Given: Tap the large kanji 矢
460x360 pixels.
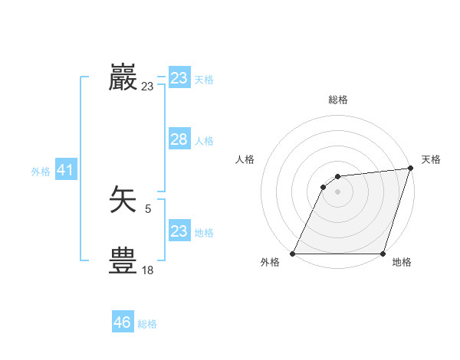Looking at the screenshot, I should (123, 200).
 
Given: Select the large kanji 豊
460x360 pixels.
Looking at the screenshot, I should (123, 261).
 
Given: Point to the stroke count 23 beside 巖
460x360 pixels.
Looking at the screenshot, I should (147, 87).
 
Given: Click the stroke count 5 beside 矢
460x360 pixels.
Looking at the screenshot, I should (147, 208).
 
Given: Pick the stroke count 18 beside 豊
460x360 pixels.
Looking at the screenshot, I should (147, 270).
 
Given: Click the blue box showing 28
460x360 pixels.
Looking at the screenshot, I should (179, 139).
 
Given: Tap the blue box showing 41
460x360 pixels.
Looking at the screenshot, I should (65, 170).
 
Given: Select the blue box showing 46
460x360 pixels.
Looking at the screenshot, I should (123, 322).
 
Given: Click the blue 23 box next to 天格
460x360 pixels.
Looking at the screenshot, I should (179, 78).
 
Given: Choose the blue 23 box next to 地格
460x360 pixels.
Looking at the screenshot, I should (179, 231).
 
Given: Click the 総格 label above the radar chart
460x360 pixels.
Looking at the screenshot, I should (338, 100).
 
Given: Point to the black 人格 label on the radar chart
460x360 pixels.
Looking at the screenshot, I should (245, 159).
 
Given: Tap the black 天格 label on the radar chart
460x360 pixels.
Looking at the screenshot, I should (431, 159).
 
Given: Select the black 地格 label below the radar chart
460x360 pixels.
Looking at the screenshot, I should (402, 263).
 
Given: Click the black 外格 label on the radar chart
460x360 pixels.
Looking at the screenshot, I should (270, 263).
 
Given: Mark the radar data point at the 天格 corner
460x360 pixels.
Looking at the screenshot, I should (411, 169).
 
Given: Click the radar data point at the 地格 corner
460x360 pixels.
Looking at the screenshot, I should (383, 254).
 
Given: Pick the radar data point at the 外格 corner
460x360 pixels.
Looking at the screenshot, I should (293, 254).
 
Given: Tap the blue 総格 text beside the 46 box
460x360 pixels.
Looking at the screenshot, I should (147, 324).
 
